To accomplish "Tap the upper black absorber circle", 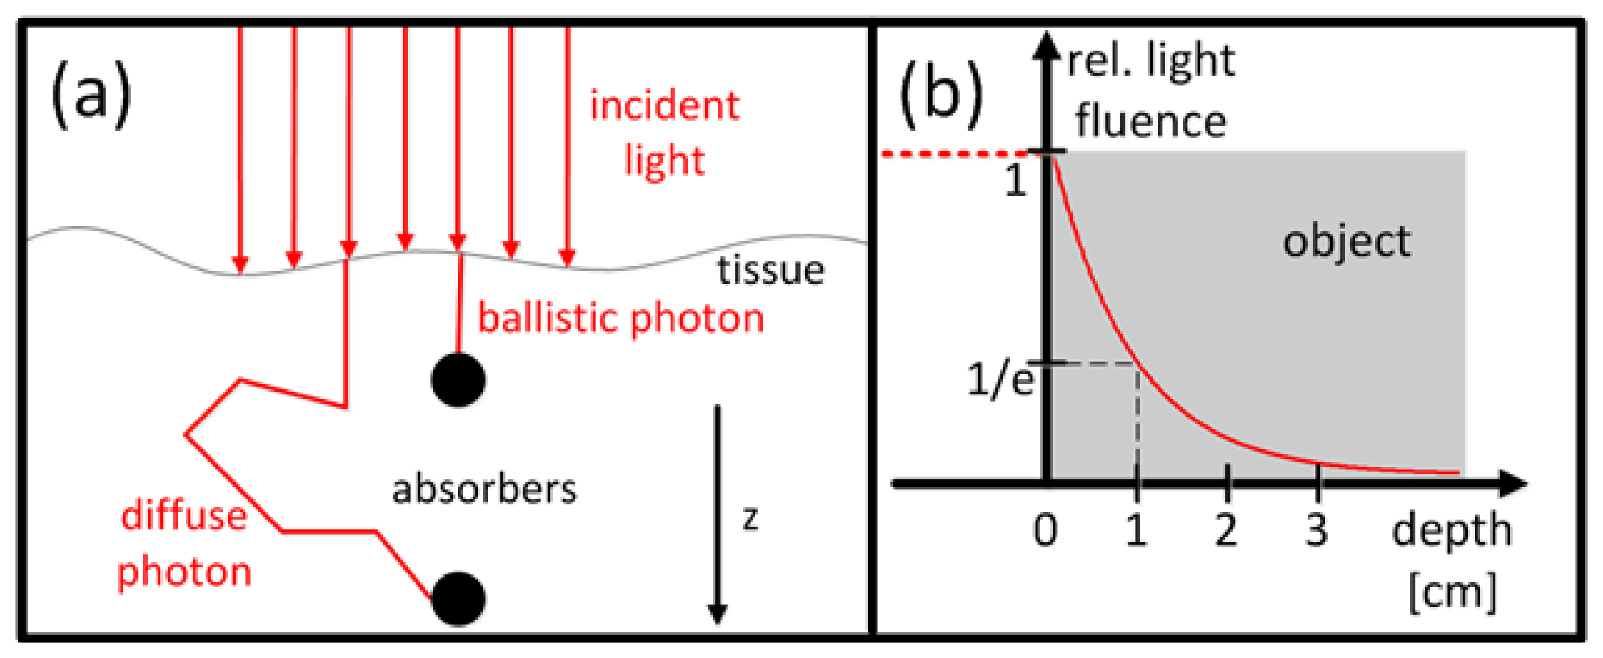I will [458, 380].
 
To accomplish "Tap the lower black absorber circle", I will [458, 598].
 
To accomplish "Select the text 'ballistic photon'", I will [621, 318].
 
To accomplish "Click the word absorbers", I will [484, 490].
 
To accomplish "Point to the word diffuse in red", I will [184, 516].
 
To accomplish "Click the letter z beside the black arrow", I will [751, 518].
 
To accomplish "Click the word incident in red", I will [664, 105].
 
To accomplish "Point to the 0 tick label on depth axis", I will [1045, 530].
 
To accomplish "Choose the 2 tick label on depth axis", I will [1226, 530].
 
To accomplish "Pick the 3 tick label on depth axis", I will [1316, 530].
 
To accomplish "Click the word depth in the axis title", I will [1451, 531].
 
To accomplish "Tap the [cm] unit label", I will [1452, 592].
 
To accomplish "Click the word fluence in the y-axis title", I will [1151, 121].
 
